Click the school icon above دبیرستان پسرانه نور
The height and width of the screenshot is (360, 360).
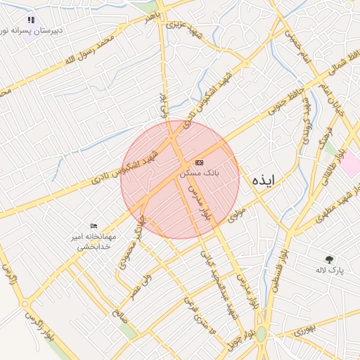point(30,20)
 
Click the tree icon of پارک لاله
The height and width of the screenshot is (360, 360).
point(329,259)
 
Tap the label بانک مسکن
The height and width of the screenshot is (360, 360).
point(200,172)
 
